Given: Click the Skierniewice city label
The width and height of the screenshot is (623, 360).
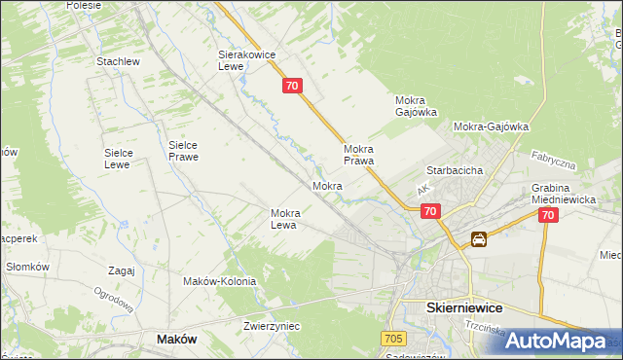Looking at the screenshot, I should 464,306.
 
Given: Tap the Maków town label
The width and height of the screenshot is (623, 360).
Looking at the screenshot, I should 176,339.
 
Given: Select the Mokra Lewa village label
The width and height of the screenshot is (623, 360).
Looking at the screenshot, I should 290,219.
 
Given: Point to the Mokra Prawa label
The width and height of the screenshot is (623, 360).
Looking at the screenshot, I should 359,155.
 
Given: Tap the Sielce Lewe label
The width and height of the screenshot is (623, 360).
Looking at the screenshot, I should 125,159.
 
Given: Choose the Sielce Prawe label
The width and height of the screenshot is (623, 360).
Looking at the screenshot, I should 184,150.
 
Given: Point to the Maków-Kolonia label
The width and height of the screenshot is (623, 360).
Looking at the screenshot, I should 219,281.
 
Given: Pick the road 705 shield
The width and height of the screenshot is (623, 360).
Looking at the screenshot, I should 392,338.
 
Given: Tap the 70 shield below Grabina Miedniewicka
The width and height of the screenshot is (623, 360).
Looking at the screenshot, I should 548,216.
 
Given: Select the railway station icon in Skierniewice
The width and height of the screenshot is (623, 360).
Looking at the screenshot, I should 479,239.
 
